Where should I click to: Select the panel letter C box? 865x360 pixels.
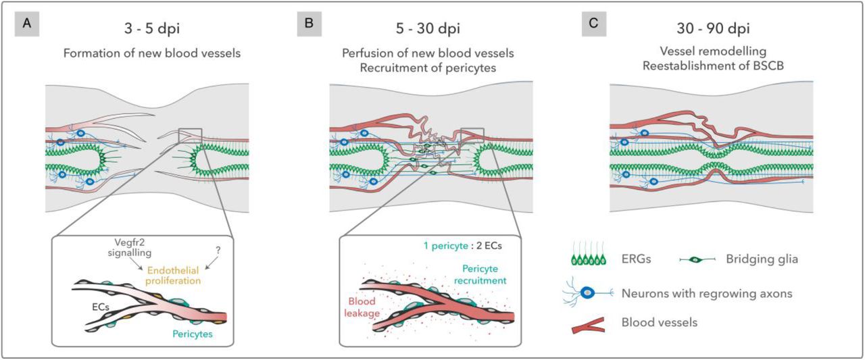(594, 24)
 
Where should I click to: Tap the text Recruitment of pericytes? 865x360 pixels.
(432, 66)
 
